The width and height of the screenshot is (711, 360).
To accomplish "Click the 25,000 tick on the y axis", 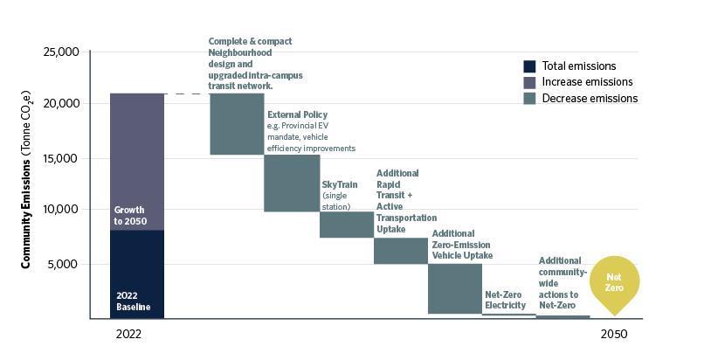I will click(x=60, y=53).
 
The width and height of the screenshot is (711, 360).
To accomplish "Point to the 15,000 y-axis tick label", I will click(x=60, y=158).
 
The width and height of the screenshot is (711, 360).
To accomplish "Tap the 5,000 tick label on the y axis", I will click(x=64, y=264).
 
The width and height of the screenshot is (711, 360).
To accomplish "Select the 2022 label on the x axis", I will click(x=128, y=334).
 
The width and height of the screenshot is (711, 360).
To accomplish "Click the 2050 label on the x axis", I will click(x=614, y=334).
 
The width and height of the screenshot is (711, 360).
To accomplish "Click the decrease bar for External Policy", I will click(x=292, y=183).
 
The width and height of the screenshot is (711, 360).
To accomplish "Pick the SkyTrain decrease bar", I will click(x=346, y=225).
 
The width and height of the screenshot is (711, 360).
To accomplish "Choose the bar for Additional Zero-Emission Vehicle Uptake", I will click(x=454, y=288).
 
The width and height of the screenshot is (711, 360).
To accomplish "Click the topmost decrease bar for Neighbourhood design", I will click(x=237, y=124).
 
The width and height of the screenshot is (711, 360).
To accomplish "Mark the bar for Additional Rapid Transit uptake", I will click(x=400, y=251).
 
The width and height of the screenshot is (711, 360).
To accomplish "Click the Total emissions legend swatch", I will click(x=529, y=66).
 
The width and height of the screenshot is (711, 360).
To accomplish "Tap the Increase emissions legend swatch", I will click(x=529, y=82).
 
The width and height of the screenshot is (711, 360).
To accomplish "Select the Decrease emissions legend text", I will click(x=590, y=98).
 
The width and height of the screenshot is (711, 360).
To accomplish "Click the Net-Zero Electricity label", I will click(x=505, y=301).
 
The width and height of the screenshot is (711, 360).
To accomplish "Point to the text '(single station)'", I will click(x=336, y=201).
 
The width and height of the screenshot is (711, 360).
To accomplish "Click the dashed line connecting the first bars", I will click(x=187, y=93).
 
